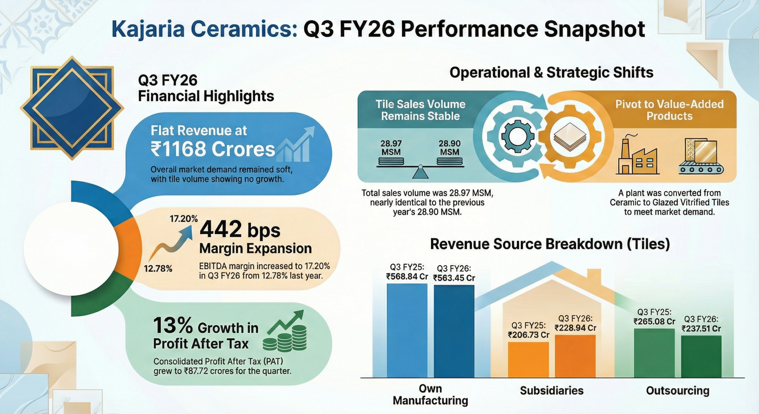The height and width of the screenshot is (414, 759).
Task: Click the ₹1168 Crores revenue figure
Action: pyautogui.click(x=213, y=149)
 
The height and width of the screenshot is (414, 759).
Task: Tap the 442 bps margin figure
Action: pyautogui.click(x=240, y=230)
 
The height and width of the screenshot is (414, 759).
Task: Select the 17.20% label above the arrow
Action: pyautogui.click(x=184, y=219)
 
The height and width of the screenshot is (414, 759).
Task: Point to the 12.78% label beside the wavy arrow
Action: pyautogui.click(x=158, y=269)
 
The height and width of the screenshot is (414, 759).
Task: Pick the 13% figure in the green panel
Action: pyautogui.click(x=173, y=326)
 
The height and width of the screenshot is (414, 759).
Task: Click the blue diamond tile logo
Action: pyautogui.click(x=72, y=108)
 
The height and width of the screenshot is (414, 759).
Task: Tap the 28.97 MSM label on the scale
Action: pyautogui.click(x=391, y=148)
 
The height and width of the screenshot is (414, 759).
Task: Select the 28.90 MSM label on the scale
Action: pyautogui.click(x=449, y=148)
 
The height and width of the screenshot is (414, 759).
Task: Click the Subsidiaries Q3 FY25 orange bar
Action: pyautogui.click(x=528, y=359)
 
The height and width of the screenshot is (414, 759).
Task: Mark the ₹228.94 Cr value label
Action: pyautogui.click(x=575, y=328)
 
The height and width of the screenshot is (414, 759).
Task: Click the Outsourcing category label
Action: pyautogui.click(x=677, y=391)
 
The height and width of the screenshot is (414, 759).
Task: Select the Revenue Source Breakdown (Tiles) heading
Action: pyautogui.click(x=550, y=244)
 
